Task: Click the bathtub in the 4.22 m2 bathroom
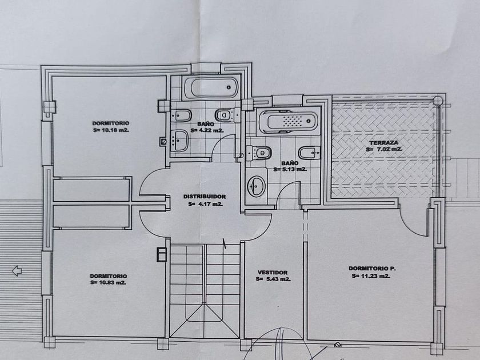pyautogui.click(x=210, y=89)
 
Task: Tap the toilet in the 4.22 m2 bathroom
pyautogui.click(x=226, y=115)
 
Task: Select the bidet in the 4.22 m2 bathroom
pyautogui.click(x=182, y=115)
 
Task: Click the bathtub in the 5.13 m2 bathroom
pyautogui.click(x=289, y=122)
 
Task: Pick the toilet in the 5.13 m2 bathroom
pyautogui.click(x=260, y=153)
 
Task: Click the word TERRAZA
pyautogui.click(x=384, y=142)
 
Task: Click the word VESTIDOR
pyautogui.click(x=273, y=273)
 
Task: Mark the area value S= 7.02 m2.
pyautogui.click(x=383, y=149)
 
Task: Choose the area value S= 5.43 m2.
pyautogui.click(x=273, y=279)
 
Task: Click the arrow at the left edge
pyautogui.click(x=17, y=270)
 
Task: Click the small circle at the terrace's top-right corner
pyautogui.click(x=438, y=100)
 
